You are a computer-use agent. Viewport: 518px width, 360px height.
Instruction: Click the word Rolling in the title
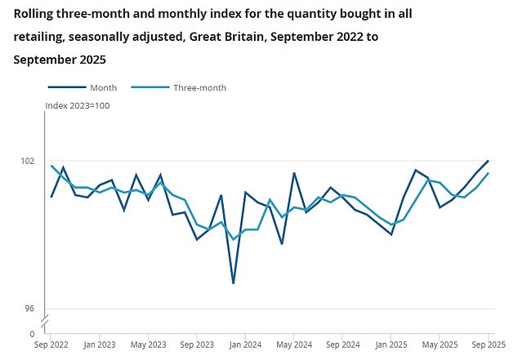coord(34,12)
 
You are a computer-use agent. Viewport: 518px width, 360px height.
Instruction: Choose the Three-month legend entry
coord(199,87)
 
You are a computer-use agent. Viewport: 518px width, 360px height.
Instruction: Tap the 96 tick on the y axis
coord(29,309)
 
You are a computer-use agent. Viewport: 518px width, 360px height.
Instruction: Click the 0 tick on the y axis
coord(32,333)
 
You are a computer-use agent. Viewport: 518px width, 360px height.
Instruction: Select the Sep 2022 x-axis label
coord(51,345)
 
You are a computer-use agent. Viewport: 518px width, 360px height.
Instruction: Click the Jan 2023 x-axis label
coord(100,345)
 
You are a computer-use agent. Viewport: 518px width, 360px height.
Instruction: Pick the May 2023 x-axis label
coord(148,345)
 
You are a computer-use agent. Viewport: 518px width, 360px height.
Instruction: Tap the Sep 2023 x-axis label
coord(197,345)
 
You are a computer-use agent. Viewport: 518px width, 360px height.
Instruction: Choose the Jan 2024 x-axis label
coord(245,345)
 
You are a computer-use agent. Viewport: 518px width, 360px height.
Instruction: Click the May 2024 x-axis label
coord(293,345)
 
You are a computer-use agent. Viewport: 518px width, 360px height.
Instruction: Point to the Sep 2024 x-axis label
coord(342,345)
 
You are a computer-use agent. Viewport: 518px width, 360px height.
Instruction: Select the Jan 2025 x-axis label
coord(391,345)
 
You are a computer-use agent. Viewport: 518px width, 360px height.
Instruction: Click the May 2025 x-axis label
coord(440,345)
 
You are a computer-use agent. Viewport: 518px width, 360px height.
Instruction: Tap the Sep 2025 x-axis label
coord(488,345)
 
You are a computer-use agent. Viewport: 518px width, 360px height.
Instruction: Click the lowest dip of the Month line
coord(233,283)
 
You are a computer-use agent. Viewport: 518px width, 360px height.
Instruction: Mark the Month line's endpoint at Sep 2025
coord(489,161)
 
